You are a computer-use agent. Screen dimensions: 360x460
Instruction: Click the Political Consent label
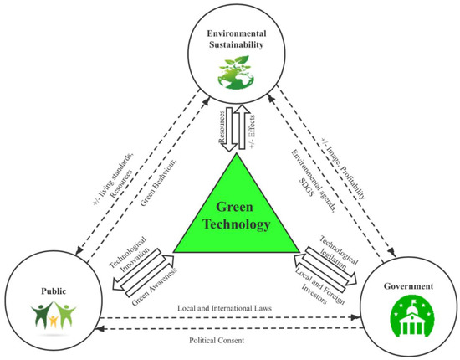(x=229, y=341)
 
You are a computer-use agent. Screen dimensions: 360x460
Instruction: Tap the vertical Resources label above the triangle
(x=220, y=126)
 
